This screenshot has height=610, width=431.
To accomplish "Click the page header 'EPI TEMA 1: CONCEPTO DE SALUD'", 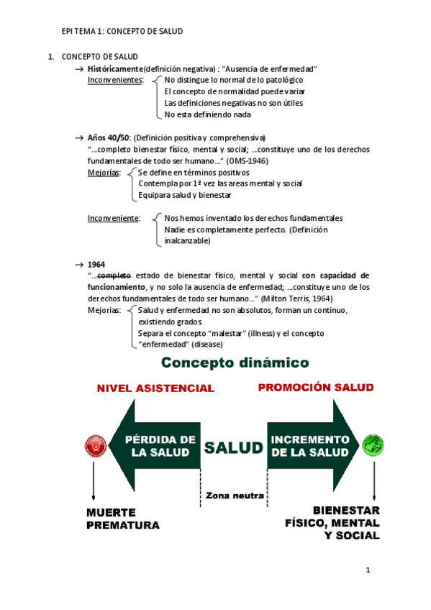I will click(x=122, y=32).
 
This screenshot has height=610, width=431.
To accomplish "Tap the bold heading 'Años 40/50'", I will click(x=109, y=137).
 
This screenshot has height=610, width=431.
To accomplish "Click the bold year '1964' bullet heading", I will click(x=96, y=264).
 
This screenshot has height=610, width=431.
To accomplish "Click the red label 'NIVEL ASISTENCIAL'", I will click(x=155, y=388).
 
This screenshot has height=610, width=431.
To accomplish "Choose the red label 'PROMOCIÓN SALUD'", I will click(x=316, y=387).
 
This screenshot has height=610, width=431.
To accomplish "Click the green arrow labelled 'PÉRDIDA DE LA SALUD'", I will click(x=158, y=446).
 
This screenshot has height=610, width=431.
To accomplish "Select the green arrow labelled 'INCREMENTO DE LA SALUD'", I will click(x=311, y=446).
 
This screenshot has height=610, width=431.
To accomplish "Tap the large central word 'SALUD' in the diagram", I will click(x=233, y=447).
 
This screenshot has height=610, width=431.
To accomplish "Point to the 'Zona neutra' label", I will click(x=234, y=496).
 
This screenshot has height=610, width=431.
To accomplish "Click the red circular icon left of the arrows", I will click(x=94, y=446).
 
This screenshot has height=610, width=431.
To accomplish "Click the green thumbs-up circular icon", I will click(x=373, y=445).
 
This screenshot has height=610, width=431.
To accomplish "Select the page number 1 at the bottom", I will click(x=368, y=571).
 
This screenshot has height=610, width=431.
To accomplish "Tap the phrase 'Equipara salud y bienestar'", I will click(x=184, y=195).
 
